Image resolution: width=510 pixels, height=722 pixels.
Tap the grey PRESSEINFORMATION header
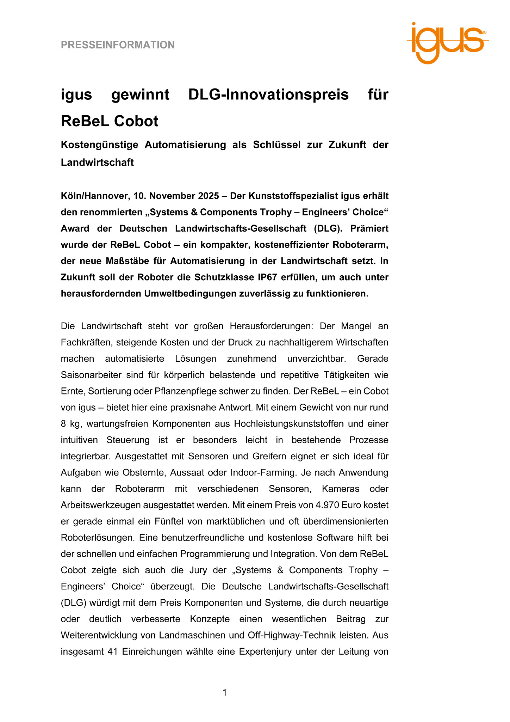118,45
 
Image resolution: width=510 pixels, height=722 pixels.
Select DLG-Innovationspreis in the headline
268,94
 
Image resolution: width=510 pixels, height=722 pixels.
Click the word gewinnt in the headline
140,94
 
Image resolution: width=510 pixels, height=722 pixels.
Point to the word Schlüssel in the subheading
276,145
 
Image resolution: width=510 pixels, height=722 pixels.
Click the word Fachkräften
86,342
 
